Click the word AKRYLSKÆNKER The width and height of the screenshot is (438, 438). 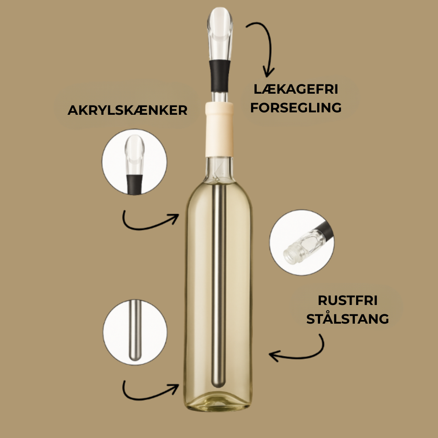coord(127,110)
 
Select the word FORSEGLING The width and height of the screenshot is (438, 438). coord(296,108)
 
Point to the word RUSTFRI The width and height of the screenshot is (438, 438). coord(348,301)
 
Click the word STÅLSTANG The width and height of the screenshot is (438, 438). coord(348,319)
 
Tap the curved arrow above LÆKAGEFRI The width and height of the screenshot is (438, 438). coord(262,47)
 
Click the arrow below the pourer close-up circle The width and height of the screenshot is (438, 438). coord(150,221)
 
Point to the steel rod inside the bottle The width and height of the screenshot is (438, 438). coord(219,284)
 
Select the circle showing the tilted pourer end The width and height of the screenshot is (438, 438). coord(302,243)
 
